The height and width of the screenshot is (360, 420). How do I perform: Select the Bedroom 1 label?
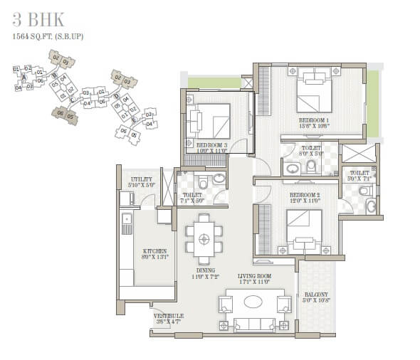(313, 120)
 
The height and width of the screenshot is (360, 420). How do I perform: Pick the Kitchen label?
(154, 251)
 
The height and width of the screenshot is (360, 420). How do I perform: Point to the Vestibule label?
(168, 315)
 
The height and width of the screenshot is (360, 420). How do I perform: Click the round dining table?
(204, 238)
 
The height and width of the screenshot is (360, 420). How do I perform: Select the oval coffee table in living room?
(253, 301)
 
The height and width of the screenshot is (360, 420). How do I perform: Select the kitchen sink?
(127, 223)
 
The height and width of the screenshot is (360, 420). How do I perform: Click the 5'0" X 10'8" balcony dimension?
(317, 300)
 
